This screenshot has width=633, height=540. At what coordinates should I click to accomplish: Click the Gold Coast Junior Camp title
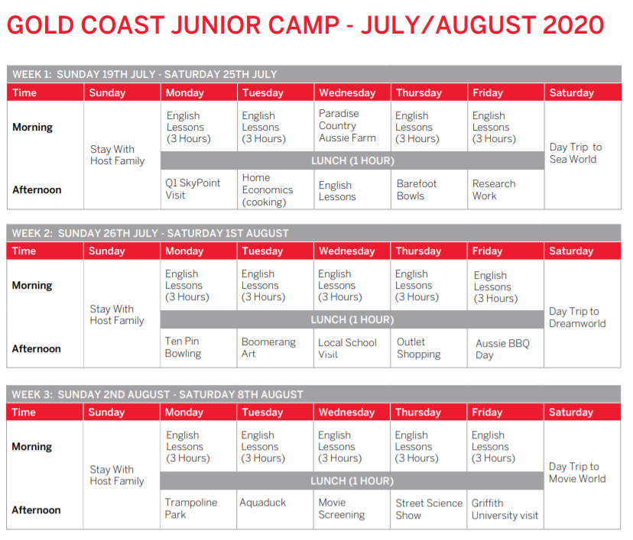[x=305, y=25]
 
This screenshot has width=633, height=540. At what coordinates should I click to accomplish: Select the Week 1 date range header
[x=144, y=74]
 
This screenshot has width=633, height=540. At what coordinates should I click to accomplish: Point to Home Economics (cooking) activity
[x=268, y=189]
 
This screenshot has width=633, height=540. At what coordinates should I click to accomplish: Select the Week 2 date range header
[x=150, y=233]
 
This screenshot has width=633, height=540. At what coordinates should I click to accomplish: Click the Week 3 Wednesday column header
[x=346, y=412]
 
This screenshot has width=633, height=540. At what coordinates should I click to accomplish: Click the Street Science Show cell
[x=429, y=509]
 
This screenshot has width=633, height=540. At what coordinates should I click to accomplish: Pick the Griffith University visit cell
[x=505, y=509]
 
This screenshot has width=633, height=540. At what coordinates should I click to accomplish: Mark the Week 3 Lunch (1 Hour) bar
[x=352, y=480]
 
